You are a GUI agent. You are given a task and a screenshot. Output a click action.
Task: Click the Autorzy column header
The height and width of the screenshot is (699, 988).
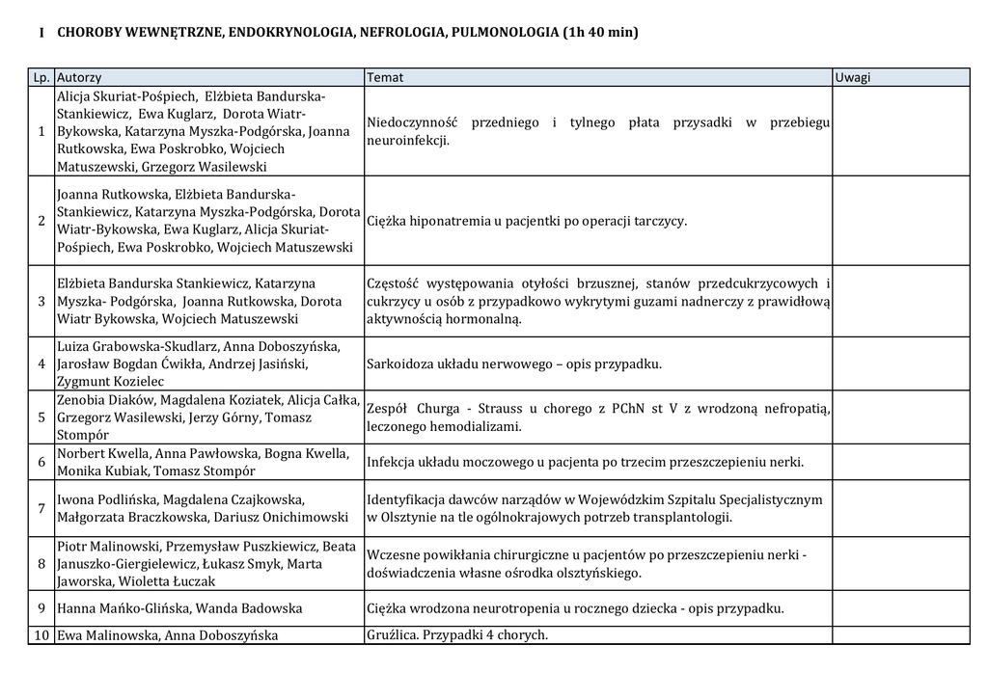tap(79, 77)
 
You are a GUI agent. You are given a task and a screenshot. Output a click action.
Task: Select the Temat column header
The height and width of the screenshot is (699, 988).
tap(385, 77)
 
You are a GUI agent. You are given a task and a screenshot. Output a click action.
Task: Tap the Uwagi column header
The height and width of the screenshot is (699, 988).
tap(853, 77)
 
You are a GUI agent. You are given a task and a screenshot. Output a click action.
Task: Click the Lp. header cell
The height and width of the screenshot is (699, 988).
tap(41, 77)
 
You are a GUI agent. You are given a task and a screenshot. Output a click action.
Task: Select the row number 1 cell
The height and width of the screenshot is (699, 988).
tap(41, 132)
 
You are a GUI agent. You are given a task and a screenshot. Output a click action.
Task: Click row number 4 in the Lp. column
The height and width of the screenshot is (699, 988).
tap(41, 363)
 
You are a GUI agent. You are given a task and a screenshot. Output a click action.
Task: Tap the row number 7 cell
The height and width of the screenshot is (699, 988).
tap(41, 508)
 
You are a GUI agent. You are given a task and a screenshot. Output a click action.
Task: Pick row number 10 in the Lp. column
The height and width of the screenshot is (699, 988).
tap(41, 635)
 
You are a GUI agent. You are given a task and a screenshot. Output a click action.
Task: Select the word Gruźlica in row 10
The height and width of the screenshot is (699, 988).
tap(393, 634)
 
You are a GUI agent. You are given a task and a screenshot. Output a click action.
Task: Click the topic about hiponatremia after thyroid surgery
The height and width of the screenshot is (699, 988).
tap(527, 221)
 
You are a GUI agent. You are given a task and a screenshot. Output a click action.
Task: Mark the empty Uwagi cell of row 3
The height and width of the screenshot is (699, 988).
tap(901, 301)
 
